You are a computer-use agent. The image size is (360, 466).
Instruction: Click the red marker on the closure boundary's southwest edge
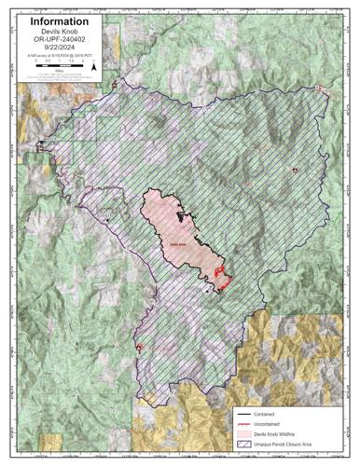click(139, 348)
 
